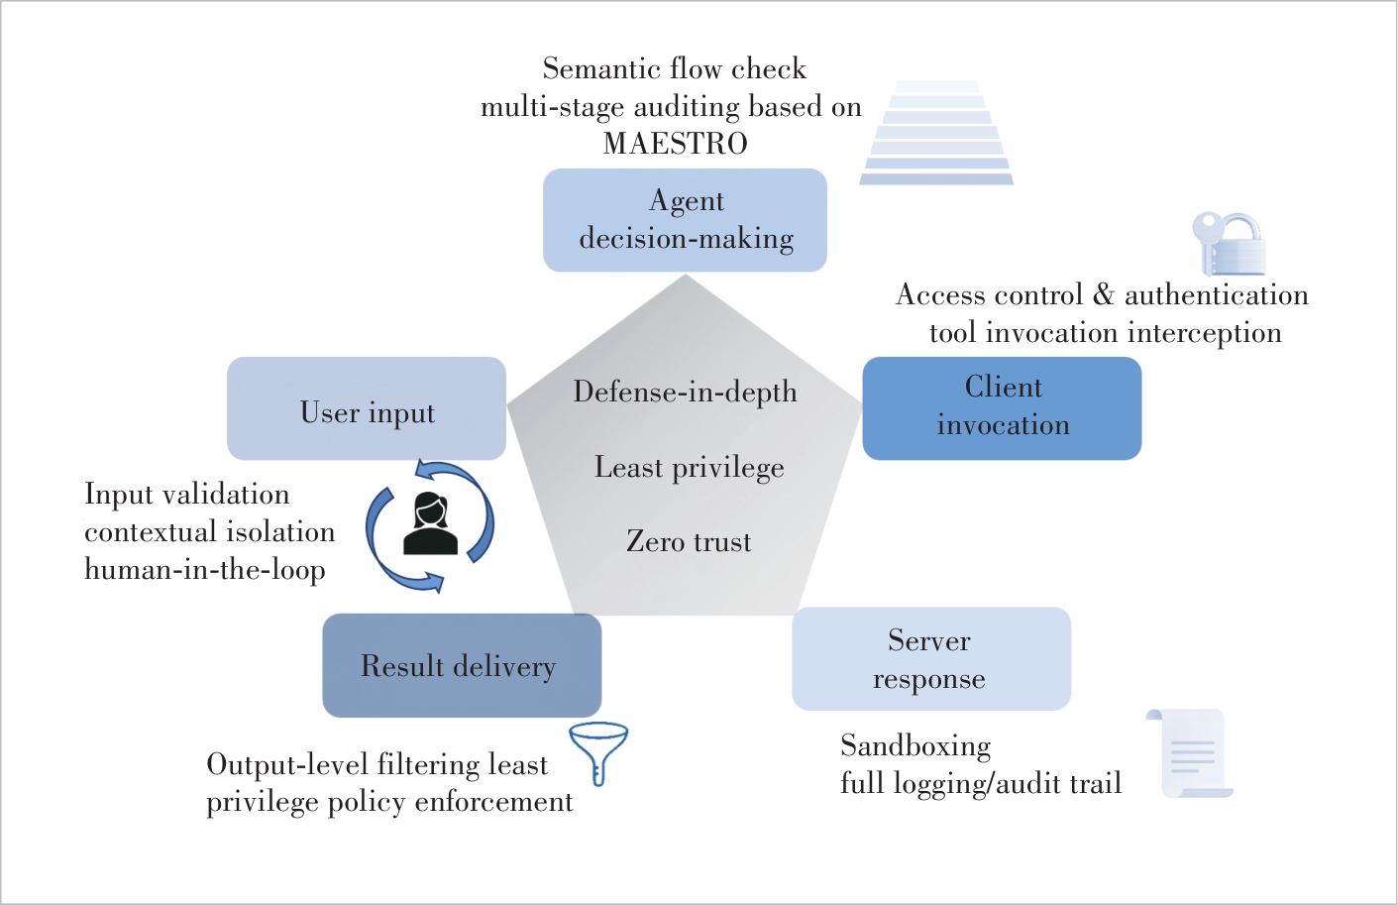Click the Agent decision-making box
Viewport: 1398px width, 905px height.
[x=685, y=220]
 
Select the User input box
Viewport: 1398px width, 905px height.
[x=367, y=409]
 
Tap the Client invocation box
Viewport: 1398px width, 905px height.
[x=1002, y=408]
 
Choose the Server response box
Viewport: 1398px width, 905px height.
[x=931, y=659]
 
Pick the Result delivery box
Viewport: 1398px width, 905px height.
[x=462, y=666]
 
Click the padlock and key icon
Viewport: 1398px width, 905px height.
[x=1230, y=244]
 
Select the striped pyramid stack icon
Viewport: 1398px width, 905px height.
[x=936, y=134]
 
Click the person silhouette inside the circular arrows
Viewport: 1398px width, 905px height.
[x=431, y=524]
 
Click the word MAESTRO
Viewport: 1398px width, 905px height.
[x=676, y=144]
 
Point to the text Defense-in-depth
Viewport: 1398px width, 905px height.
[x=685, y=393]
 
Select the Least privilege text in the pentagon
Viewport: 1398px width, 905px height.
[x=689, y=468]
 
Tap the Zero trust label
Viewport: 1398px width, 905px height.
[x=689, y=542]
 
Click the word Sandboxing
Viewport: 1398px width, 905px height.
[x=915, y=745]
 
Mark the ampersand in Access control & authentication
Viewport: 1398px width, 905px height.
[x=1103, y=295]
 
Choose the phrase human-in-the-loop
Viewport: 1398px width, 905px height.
[x=205, y=570]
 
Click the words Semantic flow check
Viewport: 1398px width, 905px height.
[x=674, y=69]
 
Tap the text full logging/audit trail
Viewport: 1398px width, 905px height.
[x=981, y=784]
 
